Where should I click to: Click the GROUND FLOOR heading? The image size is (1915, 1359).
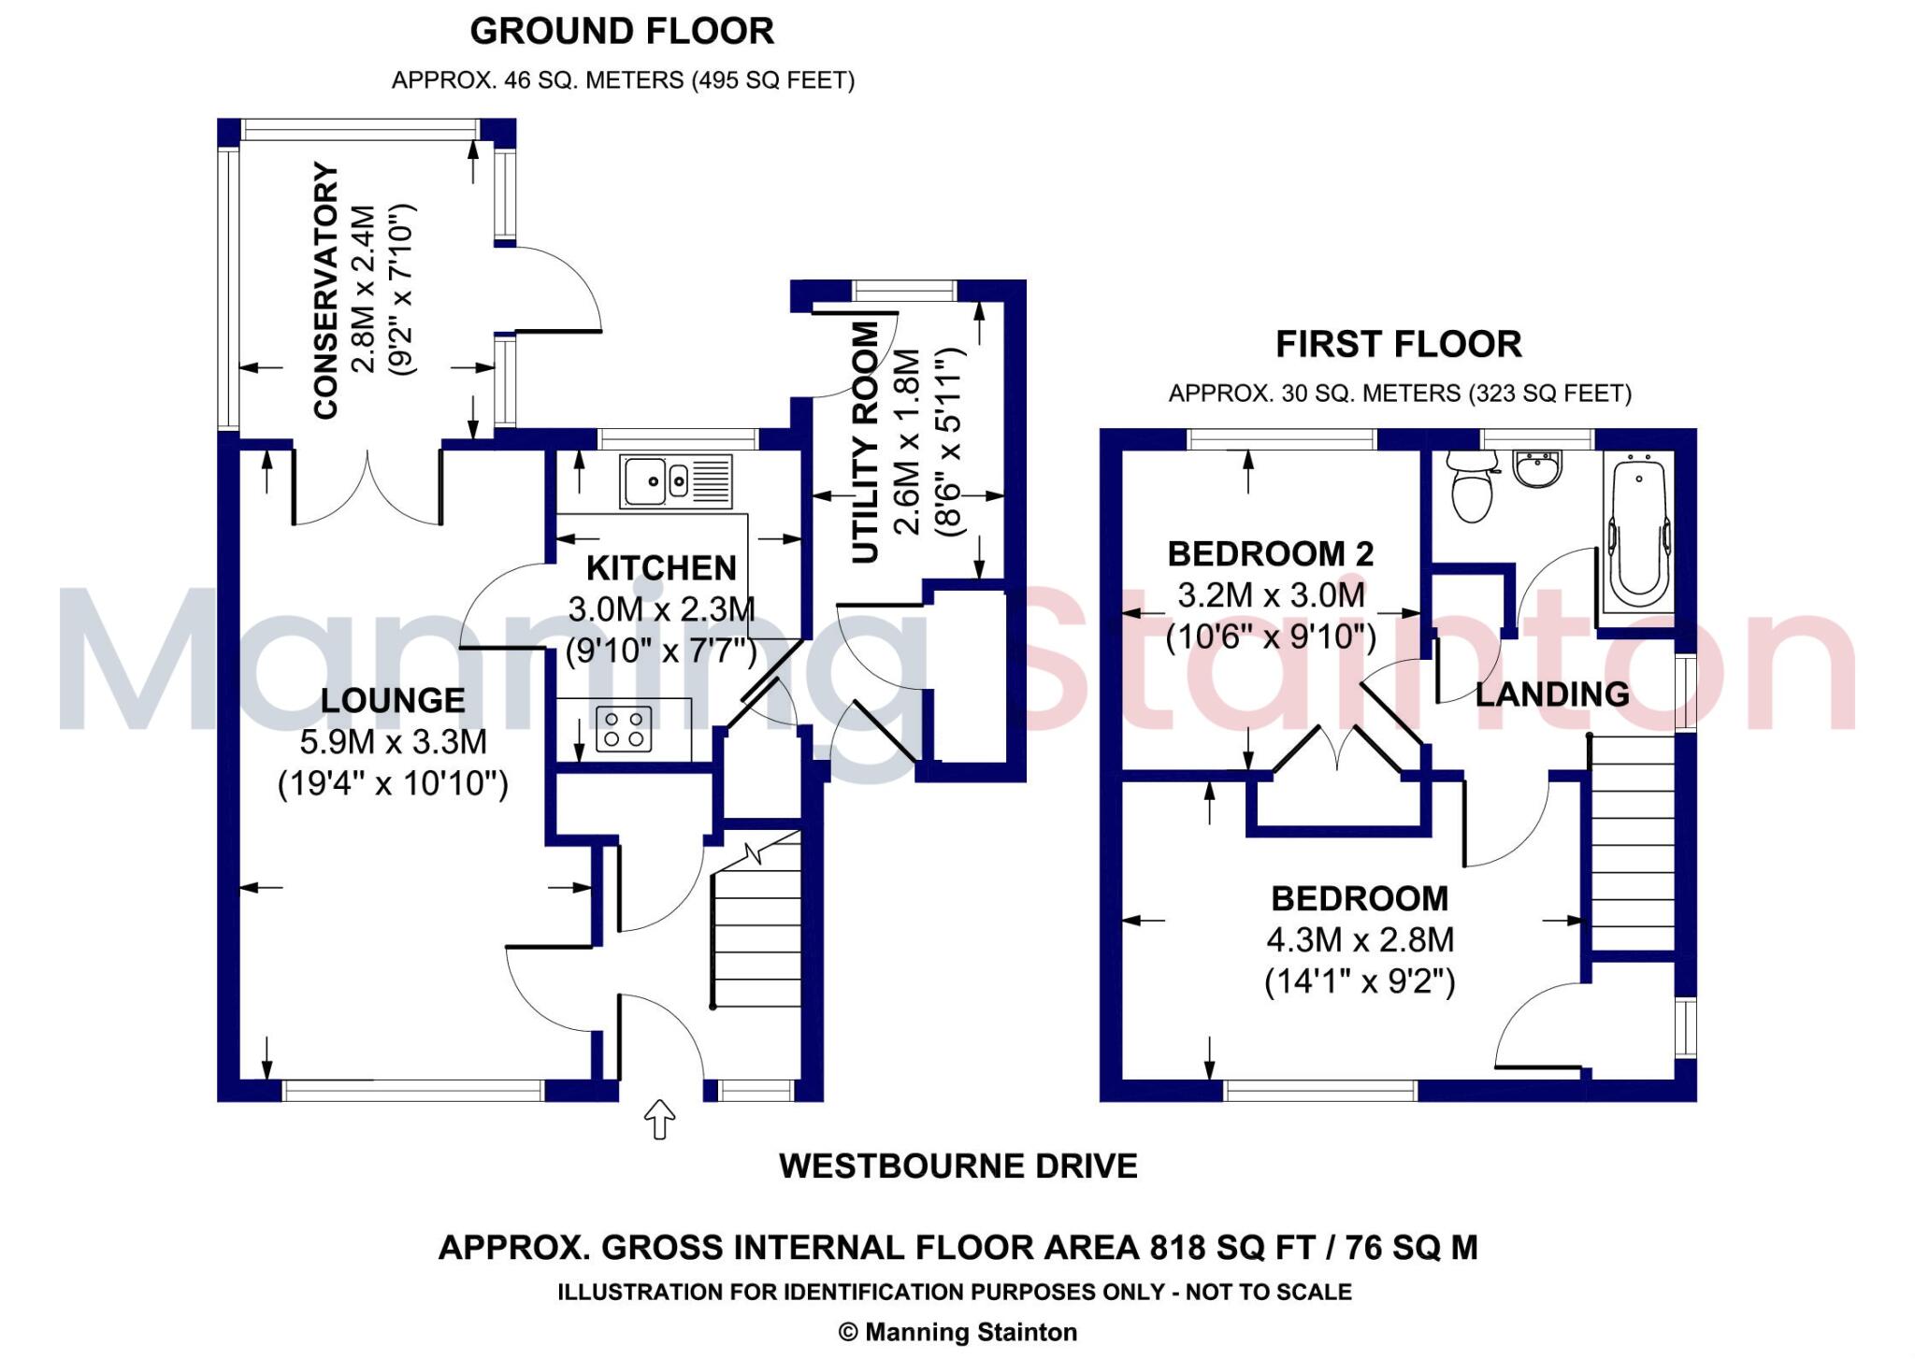click(x=622, y=32)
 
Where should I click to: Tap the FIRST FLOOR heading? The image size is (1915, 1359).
click(x=1399, y=345)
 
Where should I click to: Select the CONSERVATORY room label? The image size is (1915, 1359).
click(x=325, y=291)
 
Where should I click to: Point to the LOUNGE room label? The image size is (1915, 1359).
click(x=393, y=700)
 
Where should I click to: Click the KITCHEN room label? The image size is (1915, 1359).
click(x=662, y=568)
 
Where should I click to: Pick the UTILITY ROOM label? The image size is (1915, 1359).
click(x=866, y=443)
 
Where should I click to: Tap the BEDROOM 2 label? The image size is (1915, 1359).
click(x=1271, y=554)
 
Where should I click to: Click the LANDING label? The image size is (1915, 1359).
click(x=1552, y=694)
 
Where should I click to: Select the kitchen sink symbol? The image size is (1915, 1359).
click(x=676, y=482)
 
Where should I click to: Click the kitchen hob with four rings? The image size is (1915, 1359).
click(x=624, y=729)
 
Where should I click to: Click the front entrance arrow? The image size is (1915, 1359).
click(x=660, y=1119)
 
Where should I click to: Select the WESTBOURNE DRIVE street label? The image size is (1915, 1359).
click(x=958, y=1166)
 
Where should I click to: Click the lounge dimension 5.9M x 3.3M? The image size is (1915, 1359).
click(x=394, y=742)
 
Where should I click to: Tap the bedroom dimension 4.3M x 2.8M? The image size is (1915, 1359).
click(x=1361, y=940)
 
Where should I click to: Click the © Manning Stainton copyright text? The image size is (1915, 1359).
click(x=957, y=1332)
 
